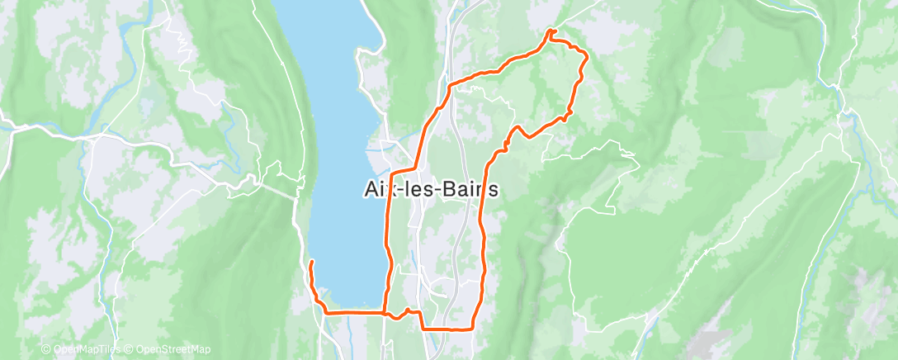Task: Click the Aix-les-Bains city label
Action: (x=432, y=189)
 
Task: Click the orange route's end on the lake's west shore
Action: (x=311, y=262)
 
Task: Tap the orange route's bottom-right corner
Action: (x=472, y=328)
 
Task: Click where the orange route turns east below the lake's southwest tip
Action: (x=325, y=313)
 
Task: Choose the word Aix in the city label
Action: (x=379, y=189)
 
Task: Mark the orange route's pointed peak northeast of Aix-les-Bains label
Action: (x=517, y=127)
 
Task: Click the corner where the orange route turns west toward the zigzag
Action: (x=423, y=328)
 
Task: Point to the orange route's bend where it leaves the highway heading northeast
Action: (x=449, y=85)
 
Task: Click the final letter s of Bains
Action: (x=494, y=189)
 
